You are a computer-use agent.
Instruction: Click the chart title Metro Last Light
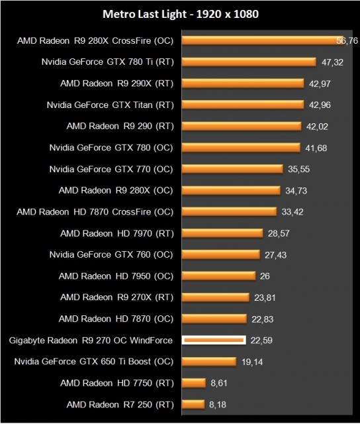tap(180, 13)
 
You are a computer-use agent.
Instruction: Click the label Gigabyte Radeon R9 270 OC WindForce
tap(91, 341)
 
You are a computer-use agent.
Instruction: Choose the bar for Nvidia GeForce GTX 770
tap(232, 169)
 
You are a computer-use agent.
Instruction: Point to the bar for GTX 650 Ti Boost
tap(208, 362)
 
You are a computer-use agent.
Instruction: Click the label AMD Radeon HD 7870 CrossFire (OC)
tap(95, 212)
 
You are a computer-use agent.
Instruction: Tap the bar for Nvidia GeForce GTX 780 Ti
tap(248, 62)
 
